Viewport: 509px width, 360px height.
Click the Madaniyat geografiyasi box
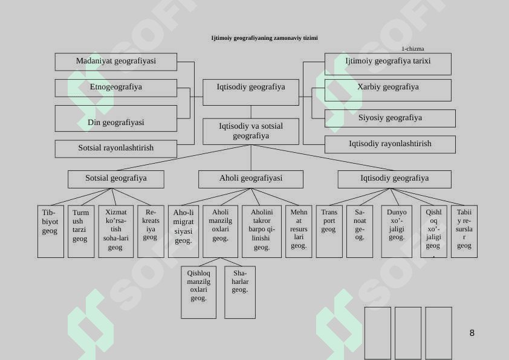coord(115,62)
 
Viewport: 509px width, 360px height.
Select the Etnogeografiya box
coord(115,88)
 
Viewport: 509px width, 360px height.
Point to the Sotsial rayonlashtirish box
coord(115,148)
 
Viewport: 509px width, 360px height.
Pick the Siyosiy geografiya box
coord(390,118)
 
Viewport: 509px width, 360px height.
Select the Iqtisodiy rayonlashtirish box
coord(390,144)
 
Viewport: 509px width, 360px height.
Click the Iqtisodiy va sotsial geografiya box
coord(250,131)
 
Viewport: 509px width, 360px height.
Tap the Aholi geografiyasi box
coord(250,179)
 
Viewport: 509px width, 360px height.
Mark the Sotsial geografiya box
coord(115,179)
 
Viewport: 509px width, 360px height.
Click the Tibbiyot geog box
coord(50,231)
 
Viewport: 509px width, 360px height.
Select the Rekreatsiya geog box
coord(151,231)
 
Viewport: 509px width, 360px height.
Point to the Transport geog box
coord(329,231)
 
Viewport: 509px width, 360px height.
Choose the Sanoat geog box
coord(360,231)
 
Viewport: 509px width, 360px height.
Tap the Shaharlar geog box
coord(240,292)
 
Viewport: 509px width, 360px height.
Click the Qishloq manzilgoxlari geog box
coord(198,292)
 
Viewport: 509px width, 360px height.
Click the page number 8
coord(472,333)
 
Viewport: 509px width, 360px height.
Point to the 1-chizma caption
coord(412,49)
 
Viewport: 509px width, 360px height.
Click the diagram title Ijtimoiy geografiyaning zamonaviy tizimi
coord(264,38)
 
